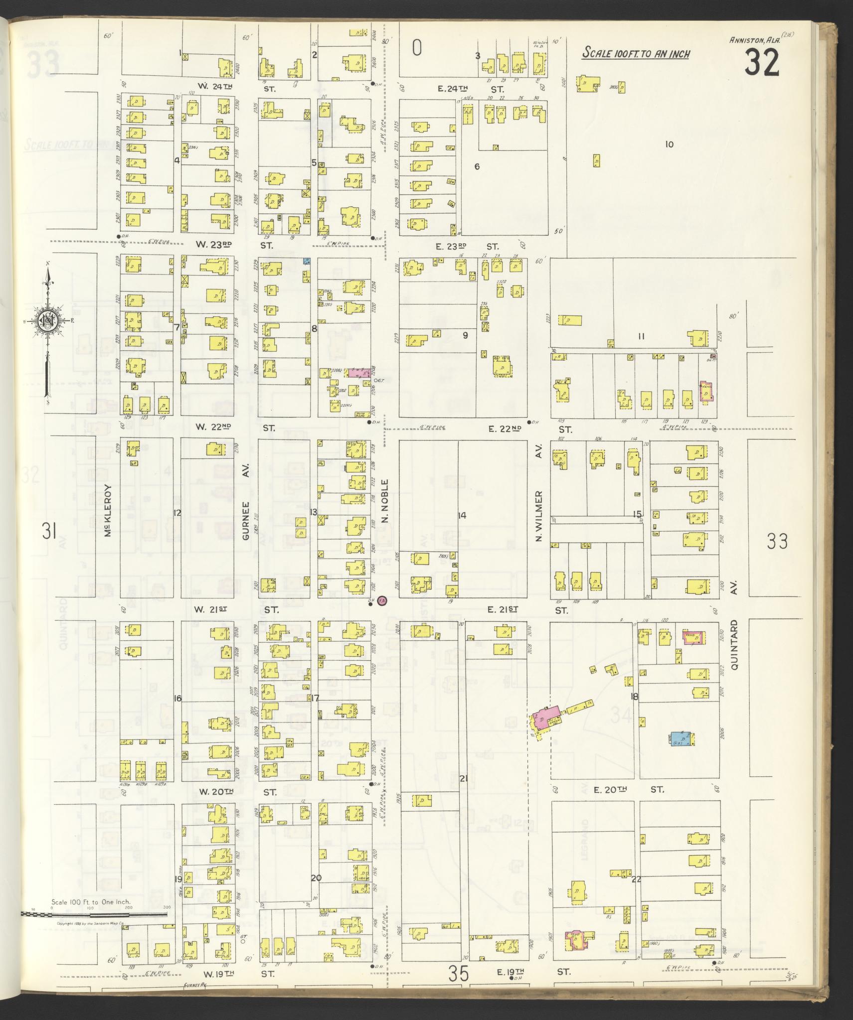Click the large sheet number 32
click(x=762, y=63)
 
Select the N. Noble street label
click(x=384, y=502)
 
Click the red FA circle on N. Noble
click(x=382, y=601)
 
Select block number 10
click(x=669, y=145)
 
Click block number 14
click(x=462, y=515)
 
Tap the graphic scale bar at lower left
click(x=95, y=914)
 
